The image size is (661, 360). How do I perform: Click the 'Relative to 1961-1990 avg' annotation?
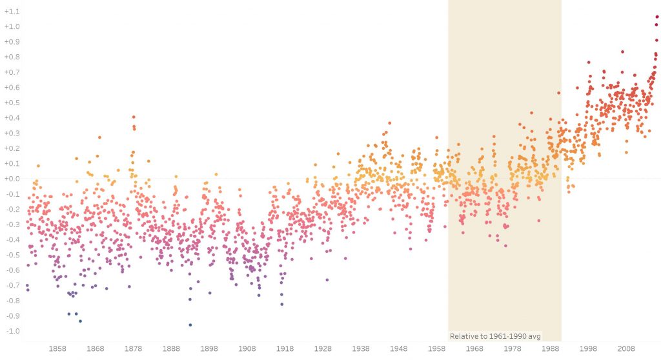click(x=496, y=336)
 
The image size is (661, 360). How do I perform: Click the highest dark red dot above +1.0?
click(x=657, y=17)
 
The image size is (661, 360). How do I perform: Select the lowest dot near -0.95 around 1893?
click(x=190, y=325)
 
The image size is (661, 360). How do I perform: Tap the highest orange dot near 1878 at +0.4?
click(x=134, y=117)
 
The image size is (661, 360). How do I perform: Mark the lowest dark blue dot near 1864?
click(x=80, y=321)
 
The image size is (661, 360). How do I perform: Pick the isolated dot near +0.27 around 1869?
click(x=99, y=137)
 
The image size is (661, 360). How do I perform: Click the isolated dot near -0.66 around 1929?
click(x=327, y=279)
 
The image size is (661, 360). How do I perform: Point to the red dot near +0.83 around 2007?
click(x=622, y=52)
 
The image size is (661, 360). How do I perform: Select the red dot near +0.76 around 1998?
click(x=589, y=63)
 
